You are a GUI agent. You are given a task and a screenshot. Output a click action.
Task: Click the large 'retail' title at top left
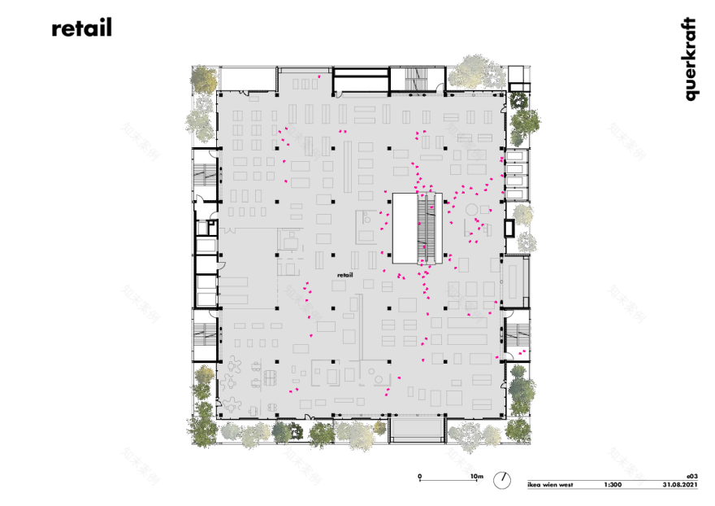tap(81, 28)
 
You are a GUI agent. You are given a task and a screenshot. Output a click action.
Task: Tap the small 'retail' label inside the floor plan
tap(344, 276)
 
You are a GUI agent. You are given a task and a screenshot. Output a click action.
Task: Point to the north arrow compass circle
tap(505, 479)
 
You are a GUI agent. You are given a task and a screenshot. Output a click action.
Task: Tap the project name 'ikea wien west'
tap(550, 485)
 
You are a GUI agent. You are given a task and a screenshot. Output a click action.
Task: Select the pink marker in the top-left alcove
tap(319, 76)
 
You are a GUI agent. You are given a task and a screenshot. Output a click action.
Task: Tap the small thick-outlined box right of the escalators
tap(509, 227)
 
